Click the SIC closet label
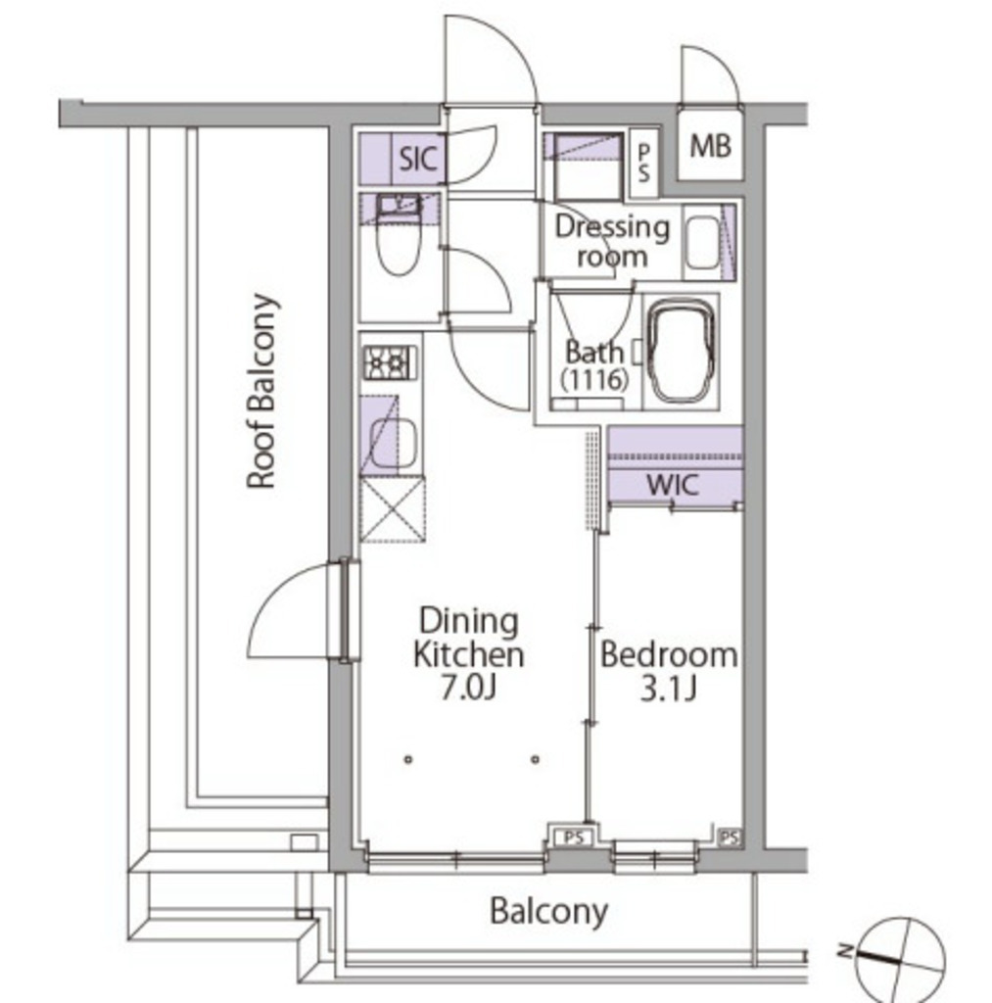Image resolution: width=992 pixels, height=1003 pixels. coord(418,159)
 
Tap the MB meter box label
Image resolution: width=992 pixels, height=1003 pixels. coord(710,147)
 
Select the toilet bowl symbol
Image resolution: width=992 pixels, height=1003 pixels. coord(398,243)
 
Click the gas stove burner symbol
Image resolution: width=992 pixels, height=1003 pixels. coord(390,363)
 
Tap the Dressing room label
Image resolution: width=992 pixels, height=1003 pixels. coord(612,242)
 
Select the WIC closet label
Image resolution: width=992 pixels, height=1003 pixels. coord(672,485)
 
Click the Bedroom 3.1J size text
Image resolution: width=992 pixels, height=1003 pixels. coord(668,690)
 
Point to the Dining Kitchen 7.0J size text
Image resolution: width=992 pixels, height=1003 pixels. coord(469,689)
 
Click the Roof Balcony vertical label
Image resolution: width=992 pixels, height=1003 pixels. coord(262,391)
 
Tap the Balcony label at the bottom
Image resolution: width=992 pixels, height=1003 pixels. coord(548,912)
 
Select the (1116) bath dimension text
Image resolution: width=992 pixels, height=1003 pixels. coord(594,380)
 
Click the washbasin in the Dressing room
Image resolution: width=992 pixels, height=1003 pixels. coord(703,244)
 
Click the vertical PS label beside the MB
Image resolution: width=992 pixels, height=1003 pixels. coord(643,163)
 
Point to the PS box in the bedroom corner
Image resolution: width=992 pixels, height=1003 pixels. coord(730,837)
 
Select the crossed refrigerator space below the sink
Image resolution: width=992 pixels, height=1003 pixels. coord(392,509)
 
